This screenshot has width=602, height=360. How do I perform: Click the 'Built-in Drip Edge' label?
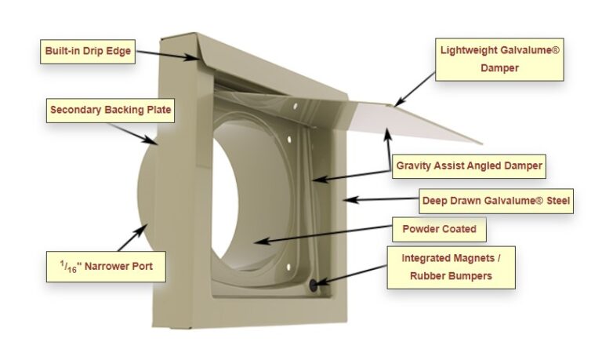(88, 53)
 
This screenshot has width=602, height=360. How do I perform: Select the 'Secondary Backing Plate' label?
(111, 111)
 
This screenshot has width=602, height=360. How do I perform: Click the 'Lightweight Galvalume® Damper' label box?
(499, 59)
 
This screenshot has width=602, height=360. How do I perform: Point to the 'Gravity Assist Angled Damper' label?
(469, 165)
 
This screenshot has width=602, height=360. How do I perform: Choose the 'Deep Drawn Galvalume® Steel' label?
(496, 201)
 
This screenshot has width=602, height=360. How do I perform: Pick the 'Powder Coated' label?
(440, 231)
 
